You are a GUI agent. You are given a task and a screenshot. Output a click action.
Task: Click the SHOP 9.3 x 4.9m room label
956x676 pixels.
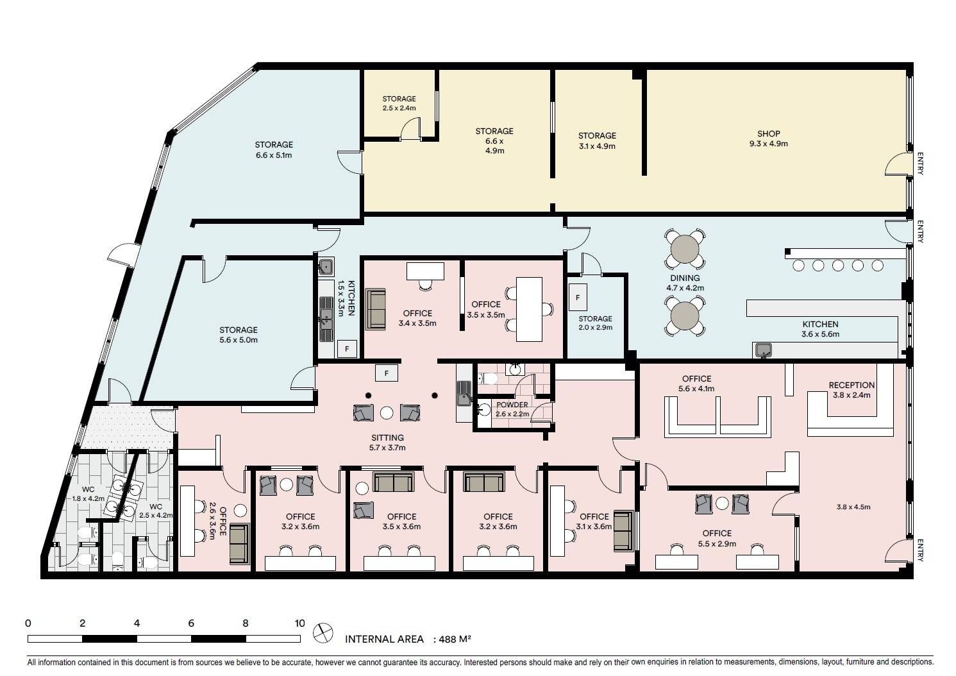[x=769, y=139]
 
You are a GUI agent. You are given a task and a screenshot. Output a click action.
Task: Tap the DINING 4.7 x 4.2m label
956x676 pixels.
[x=685, y=283]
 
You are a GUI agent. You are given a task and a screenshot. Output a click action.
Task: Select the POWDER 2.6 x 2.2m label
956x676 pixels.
[x=512, y=409]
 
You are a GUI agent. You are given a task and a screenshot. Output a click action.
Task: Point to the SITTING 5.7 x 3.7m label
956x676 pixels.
[x=387, y=443]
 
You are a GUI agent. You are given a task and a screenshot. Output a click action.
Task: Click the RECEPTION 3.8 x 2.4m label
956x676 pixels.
[x=851, y=390]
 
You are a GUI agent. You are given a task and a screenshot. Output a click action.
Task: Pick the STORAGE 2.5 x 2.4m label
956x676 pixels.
[x=399, y=103]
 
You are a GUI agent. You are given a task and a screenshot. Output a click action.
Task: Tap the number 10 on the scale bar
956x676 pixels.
[x=299, y=623]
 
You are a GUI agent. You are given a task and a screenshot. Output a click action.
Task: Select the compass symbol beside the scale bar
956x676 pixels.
[x=323, y=632]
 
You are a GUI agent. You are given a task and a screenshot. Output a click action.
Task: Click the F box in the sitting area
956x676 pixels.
[x=386, y=373]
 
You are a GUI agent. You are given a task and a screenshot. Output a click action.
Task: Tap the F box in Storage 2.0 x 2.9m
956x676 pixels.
[x=578, y=297]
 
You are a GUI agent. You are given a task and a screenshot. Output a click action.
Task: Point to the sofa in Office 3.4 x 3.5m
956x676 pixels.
[x=376, y=309]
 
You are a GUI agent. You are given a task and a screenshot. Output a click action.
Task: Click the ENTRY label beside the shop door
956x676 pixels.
[x=920, y=164]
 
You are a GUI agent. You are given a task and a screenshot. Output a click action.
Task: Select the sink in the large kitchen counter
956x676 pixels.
[x=764, y=351]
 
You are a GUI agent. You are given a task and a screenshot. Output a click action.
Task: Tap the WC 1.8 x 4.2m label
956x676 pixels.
[x=88, y=494]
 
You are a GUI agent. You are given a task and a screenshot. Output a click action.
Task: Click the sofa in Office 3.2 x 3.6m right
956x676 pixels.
[x=484, y=482]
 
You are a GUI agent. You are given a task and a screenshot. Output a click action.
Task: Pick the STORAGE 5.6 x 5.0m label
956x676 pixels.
[x=238, y=335]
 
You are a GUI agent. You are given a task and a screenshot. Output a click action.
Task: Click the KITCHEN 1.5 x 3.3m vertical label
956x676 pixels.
[x=346, y=298]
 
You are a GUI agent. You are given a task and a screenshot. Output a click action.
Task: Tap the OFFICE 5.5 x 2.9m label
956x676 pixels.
[x=717, y=538]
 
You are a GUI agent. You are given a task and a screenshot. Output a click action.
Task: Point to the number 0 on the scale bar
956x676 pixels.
[x=28, y=623]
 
